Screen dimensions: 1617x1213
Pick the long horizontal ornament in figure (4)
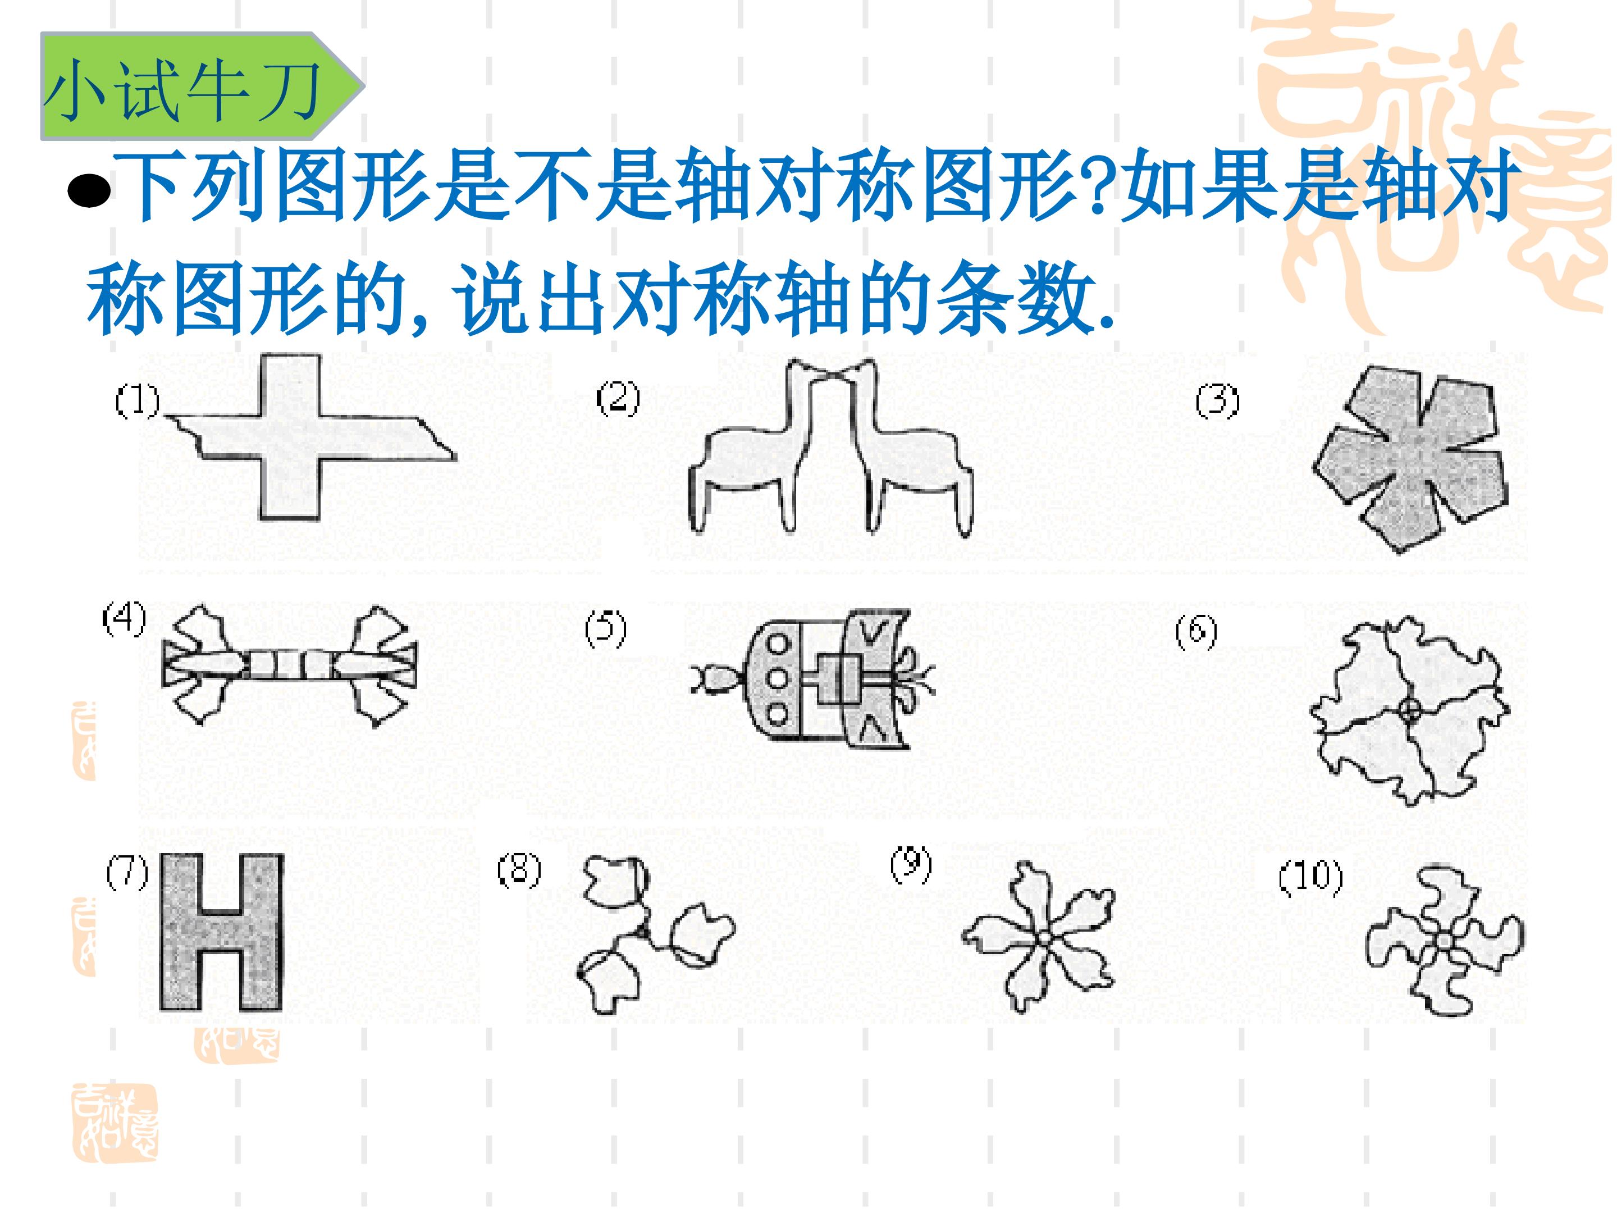(x=290, y=665)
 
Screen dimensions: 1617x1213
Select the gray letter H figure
(x=222, y=932)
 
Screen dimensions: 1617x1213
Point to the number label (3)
(x=1217, y=402)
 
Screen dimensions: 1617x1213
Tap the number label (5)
(x=605, y=630)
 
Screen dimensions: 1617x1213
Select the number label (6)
(x=1196, y=632)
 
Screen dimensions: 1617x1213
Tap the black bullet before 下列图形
(x=89, y=191)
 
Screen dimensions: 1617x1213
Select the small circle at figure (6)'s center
(x=1411, y=709)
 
